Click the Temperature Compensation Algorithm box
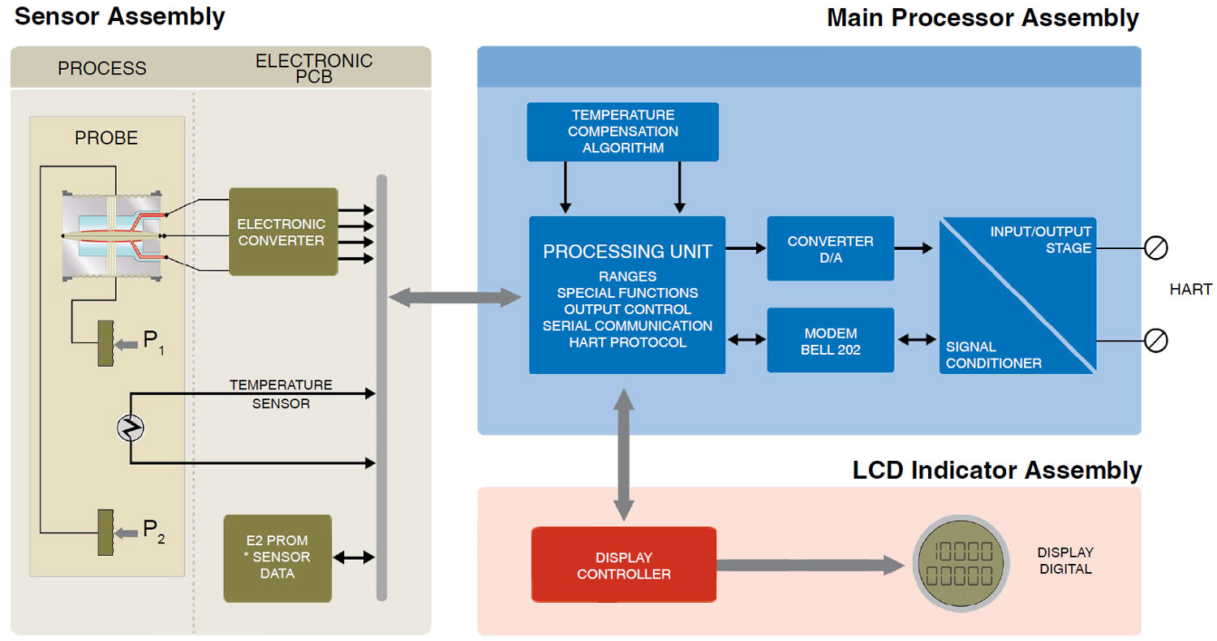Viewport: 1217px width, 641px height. pos(622,131)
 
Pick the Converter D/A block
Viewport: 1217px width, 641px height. pos(830,248)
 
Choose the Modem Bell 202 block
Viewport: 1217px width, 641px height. pos(830,340)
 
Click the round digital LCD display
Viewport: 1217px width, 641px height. pos(963,565)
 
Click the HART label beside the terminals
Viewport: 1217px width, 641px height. pos(1190,290)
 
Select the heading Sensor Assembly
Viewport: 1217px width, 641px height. pos(119,17)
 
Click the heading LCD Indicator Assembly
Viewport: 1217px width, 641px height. pos(996,471)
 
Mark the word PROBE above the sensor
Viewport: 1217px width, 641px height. pos(106,138)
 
